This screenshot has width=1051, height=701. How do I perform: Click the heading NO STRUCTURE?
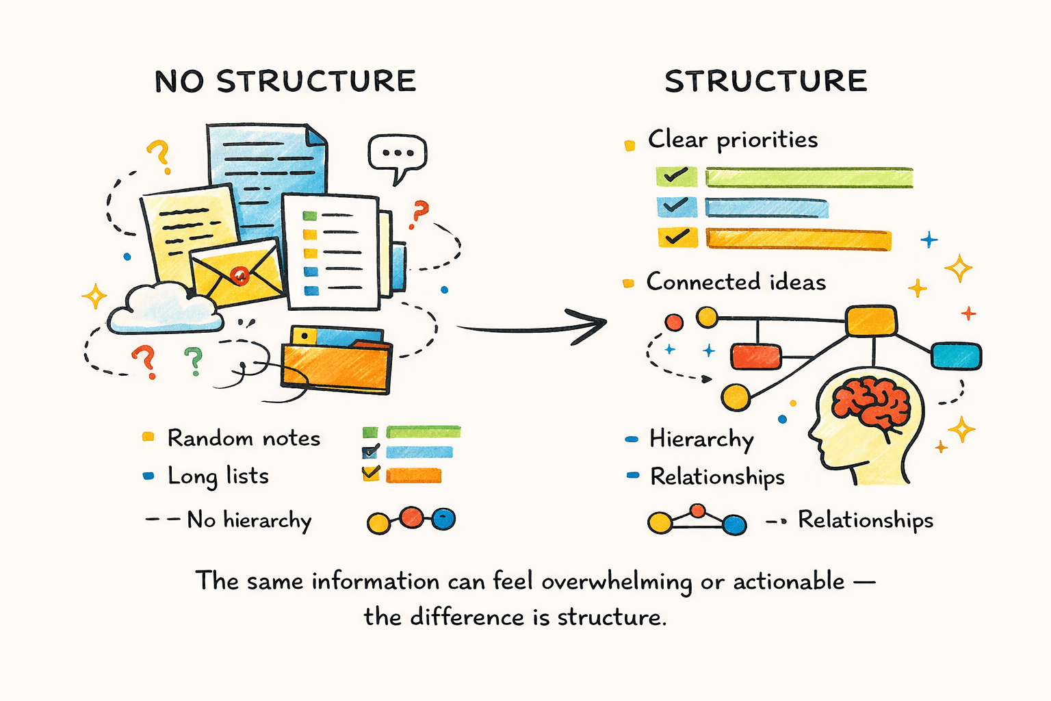285,81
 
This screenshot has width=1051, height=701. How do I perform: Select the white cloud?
165,309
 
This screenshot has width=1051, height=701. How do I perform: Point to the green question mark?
194,361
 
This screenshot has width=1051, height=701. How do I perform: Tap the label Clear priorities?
732,140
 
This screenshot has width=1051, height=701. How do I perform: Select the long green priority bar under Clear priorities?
809,177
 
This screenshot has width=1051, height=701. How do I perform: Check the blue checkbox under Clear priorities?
676,207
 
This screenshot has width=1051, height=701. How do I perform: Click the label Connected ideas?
736,282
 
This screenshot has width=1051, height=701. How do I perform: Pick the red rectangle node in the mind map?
755,357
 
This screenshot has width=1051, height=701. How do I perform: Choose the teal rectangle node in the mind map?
956,356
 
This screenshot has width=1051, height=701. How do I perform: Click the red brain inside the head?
871,404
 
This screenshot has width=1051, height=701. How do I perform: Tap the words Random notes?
244,438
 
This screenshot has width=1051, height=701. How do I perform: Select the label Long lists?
218,476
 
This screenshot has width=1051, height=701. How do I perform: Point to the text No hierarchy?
249,520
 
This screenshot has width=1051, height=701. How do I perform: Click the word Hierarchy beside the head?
701,439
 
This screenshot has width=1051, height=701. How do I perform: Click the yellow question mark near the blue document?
159,155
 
